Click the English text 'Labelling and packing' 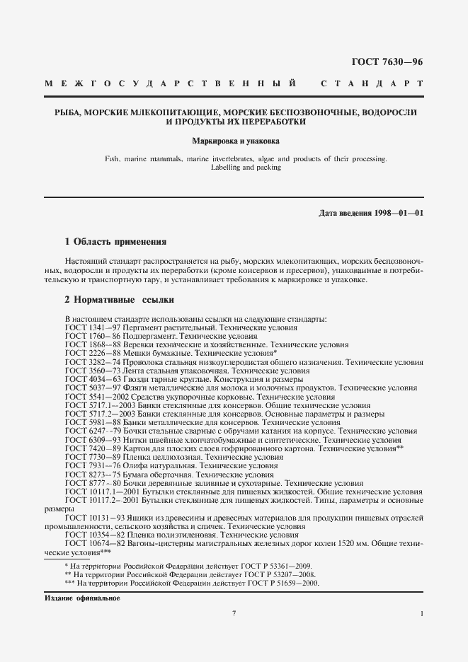pos(234,168)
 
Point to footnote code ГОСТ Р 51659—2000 pos(282,583)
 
